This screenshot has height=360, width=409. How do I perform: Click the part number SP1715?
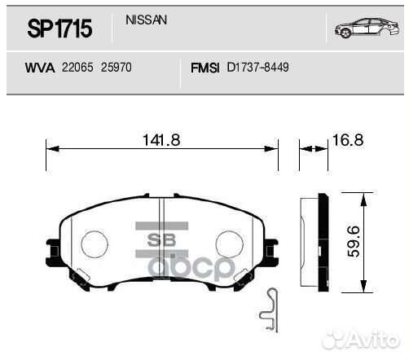pos(59,29)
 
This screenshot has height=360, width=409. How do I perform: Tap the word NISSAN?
pos(147,20)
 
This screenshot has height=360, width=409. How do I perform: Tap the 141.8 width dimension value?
pos(161,139)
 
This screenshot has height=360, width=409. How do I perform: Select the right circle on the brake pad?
pos(231,243)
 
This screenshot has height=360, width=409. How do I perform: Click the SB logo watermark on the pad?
pos(164,239)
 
